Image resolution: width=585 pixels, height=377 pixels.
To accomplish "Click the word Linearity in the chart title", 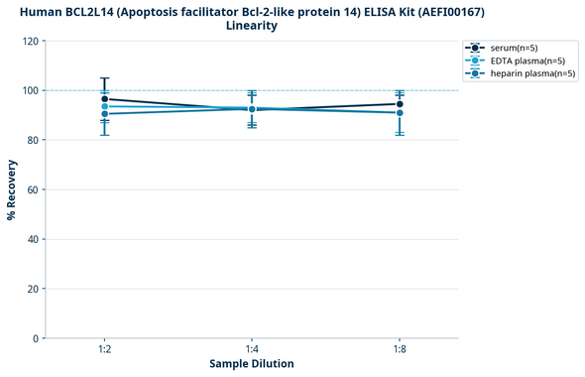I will pos(252,26).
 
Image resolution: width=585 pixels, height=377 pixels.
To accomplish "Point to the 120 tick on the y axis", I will pos(30,41).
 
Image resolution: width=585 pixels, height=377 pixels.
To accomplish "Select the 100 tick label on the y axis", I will pos(30,90).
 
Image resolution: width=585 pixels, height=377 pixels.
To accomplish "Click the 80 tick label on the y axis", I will pos(33,140).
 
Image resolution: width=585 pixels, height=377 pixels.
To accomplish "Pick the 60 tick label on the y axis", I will pos(33,189).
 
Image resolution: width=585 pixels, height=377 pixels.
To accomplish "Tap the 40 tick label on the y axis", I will pos(33,239).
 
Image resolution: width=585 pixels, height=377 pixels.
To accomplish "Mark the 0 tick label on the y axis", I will pos(36,338).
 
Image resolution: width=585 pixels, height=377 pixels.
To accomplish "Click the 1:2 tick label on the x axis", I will pos(104,350).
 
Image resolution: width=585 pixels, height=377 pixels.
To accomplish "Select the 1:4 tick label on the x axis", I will pos(252,350).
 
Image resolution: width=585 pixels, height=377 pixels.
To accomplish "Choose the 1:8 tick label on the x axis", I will pos(400,350).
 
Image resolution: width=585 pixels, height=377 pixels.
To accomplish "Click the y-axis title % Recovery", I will pos(12,189).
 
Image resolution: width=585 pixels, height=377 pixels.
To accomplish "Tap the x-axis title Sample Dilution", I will pos(252,364).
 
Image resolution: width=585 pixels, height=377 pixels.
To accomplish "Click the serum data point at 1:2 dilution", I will pos(104,99).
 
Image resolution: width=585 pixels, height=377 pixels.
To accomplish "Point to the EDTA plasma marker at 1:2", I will pos(104,106).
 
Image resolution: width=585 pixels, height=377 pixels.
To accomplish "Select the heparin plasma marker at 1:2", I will pos(104,114).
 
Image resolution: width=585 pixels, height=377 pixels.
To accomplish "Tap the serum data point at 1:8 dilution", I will pos(400,104).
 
